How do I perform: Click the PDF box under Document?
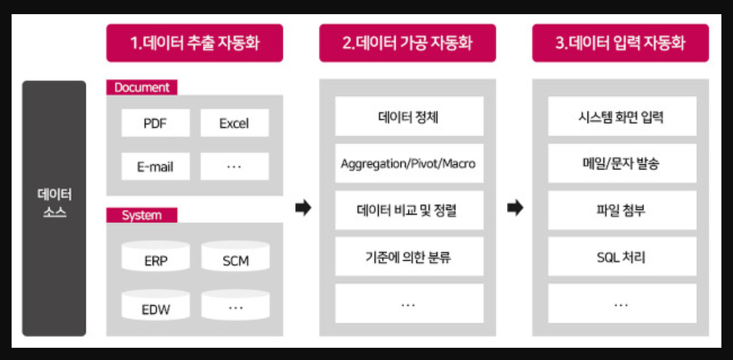(155, 123)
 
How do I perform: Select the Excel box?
(234, 123)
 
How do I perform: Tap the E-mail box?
(155, 167)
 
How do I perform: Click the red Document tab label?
(142, 88)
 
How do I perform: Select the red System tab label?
(142, 215)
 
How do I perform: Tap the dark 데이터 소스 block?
(54, 207)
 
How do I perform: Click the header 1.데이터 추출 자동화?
(195, 43)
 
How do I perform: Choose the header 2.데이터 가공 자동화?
(407, 43)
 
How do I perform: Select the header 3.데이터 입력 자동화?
(620, 43)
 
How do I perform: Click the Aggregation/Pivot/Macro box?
(408, 164)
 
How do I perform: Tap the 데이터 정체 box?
(408, 117)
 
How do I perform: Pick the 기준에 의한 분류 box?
(408, 257)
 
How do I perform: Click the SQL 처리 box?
(622, 257)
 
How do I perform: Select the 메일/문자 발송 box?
(622, 164)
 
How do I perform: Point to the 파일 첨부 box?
(622, 210)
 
